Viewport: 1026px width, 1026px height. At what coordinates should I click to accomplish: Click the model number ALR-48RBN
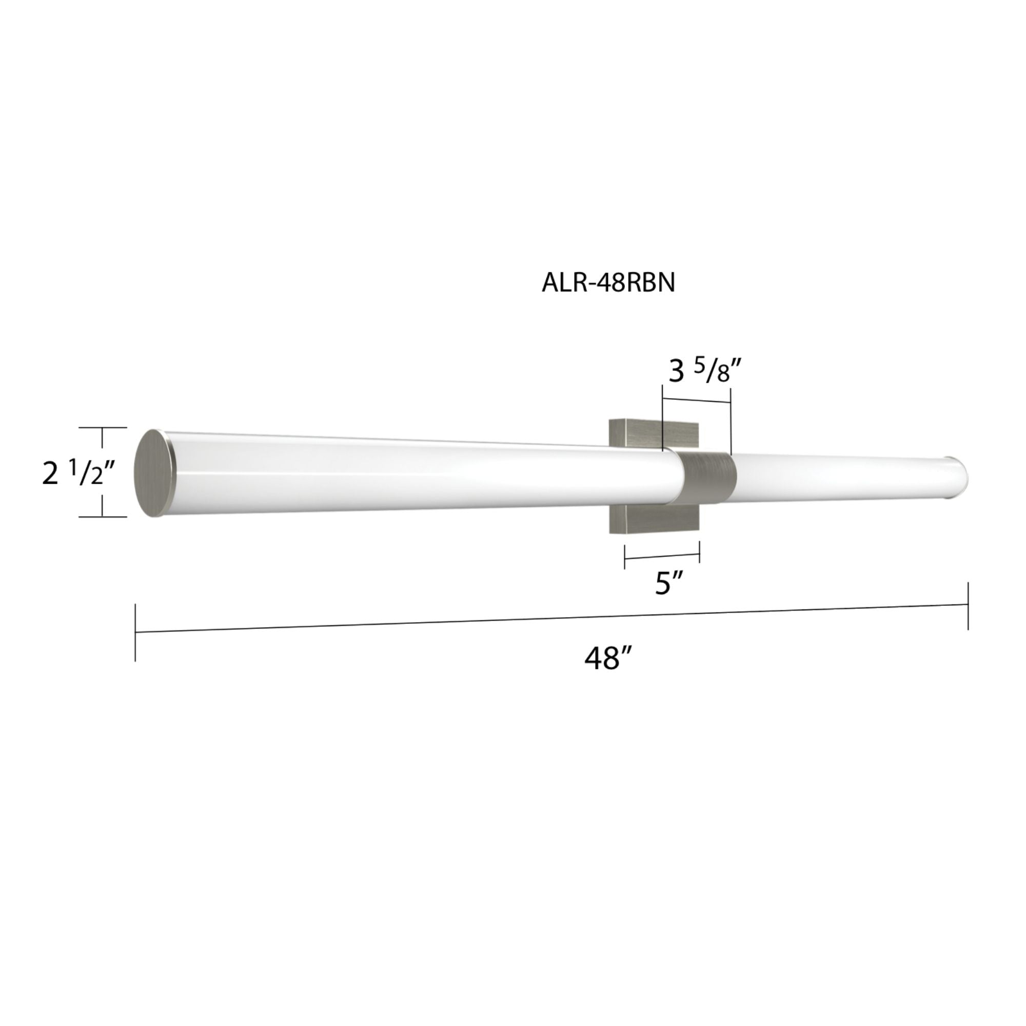(x=608, y=283)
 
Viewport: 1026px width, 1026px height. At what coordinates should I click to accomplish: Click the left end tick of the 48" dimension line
(x=135, y=632)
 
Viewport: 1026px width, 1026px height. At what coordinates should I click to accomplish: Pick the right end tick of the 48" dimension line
(x=968, y=605)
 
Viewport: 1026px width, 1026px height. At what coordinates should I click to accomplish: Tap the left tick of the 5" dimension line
(x=625, y=557)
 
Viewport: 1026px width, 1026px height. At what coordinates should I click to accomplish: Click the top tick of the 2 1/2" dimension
(x=103, y=427)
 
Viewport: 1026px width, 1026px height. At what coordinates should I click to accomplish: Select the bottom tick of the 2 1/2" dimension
(x=103, y=516)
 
